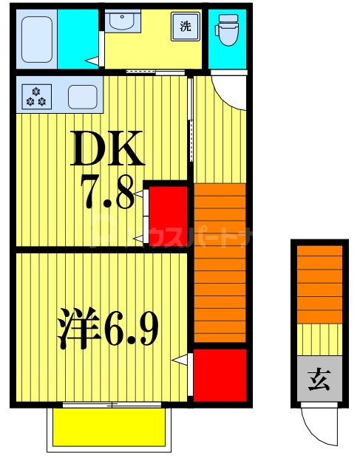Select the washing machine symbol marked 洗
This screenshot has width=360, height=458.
pos(186,27)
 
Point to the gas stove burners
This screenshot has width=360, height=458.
pos(35,95)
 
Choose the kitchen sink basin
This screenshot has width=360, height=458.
pos(83,96)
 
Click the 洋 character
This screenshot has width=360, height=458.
pos(78,329)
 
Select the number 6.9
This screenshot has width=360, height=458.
pos(130,329)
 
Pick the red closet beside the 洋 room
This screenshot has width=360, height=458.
pos(219,374)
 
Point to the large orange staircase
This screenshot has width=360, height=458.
pos(219,263)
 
